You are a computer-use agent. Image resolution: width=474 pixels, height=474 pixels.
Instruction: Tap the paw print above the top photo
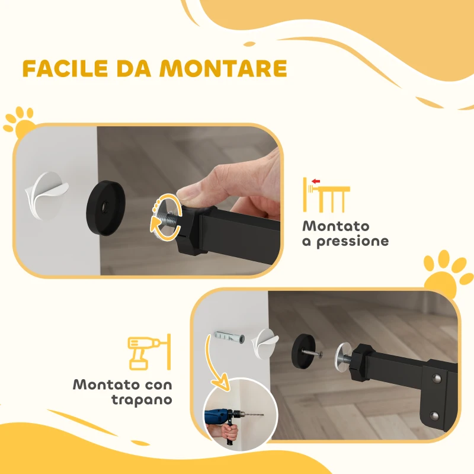pos(19,121)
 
